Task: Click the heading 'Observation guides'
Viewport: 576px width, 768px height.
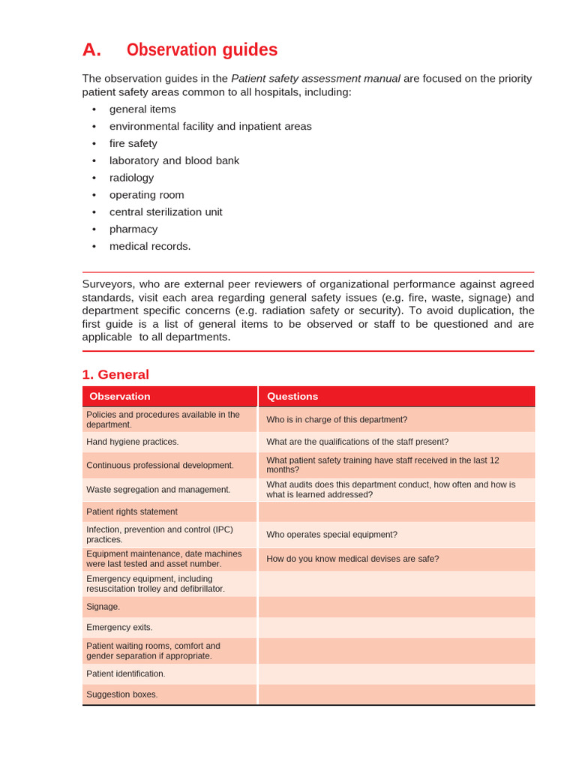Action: pyautogui.click(x=202, y=50)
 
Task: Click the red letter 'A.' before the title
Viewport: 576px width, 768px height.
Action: pyautogui.click(x=91, y=50)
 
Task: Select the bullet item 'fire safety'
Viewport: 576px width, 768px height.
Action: pyautogui.click(x=133, y=143)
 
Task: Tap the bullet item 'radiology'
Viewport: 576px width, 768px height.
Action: pyautogui.click(x=131, y=178)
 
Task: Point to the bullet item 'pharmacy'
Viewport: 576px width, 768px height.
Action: pyautogui.click(x=133, y=229)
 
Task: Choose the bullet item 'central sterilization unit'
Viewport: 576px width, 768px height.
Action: pyautogui.click(x=166, y=212)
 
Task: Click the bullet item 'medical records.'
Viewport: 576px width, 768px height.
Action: pyautogui.click(x=150, y=247)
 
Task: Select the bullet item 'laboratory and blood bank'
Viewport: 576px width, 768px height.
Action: pyautogui.click(x=174, y=160)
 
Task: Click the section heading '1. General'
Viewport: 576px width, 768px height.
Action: pyautogui.click(x=115, y=374)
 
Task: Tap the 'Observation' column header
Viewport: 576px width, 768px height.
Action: pyautogui.click(x=120, y=397)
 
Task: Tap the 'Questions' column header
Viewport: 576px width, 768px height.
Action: pyautogui.click(x=292, y=397)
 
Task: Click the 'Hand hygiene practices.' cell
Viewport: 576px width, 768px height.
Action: pyautogui.click(x=133, y=442)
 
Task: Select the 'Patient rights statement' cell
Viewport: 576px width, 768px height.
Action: pyautogui.click(x=132, y=512)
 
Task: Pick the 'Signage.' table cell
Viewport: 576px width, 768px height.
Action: pyautogui.click(x=103, y=607)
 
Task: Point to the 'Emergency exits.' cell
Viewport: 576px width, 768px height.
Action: pyautogui.click(x=119, y=628)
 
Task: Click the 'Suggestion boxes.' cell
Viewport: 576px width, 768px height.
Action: pyautogui.click(x=122, y=694)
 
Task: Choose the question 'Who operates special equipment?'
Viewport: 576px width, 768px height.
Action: pyautogui.click(x=331, y=535)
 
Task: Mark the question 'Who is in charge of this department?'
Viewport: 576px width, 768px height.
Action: pyautogui.click(x=337, y=420)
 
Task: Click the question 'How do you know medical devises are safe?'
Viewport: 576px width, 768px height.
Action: pyautogui.click(x=352, y=559)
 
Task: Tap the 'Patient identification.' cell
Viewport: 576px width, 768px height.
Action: pyautogui.click(x=126, y=674)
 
